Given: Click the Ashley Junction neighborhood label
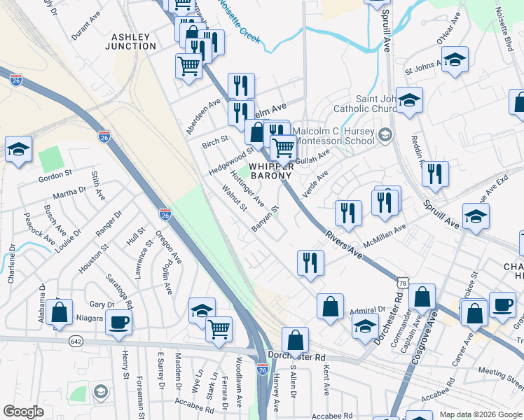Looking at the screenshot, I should [x=130, y=41].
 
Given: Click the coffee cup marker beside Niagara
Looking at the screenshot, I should [x=118, y=321].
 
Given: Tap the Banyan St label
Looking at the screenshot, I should [x=266, y=218].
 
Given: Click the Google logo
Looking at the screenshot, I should [x=23, y=412].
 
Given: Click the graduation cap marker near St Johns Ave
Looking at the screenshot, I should [x=455, y=60].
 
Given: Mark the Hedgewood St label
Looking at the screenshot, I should [x=230, y=162].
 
